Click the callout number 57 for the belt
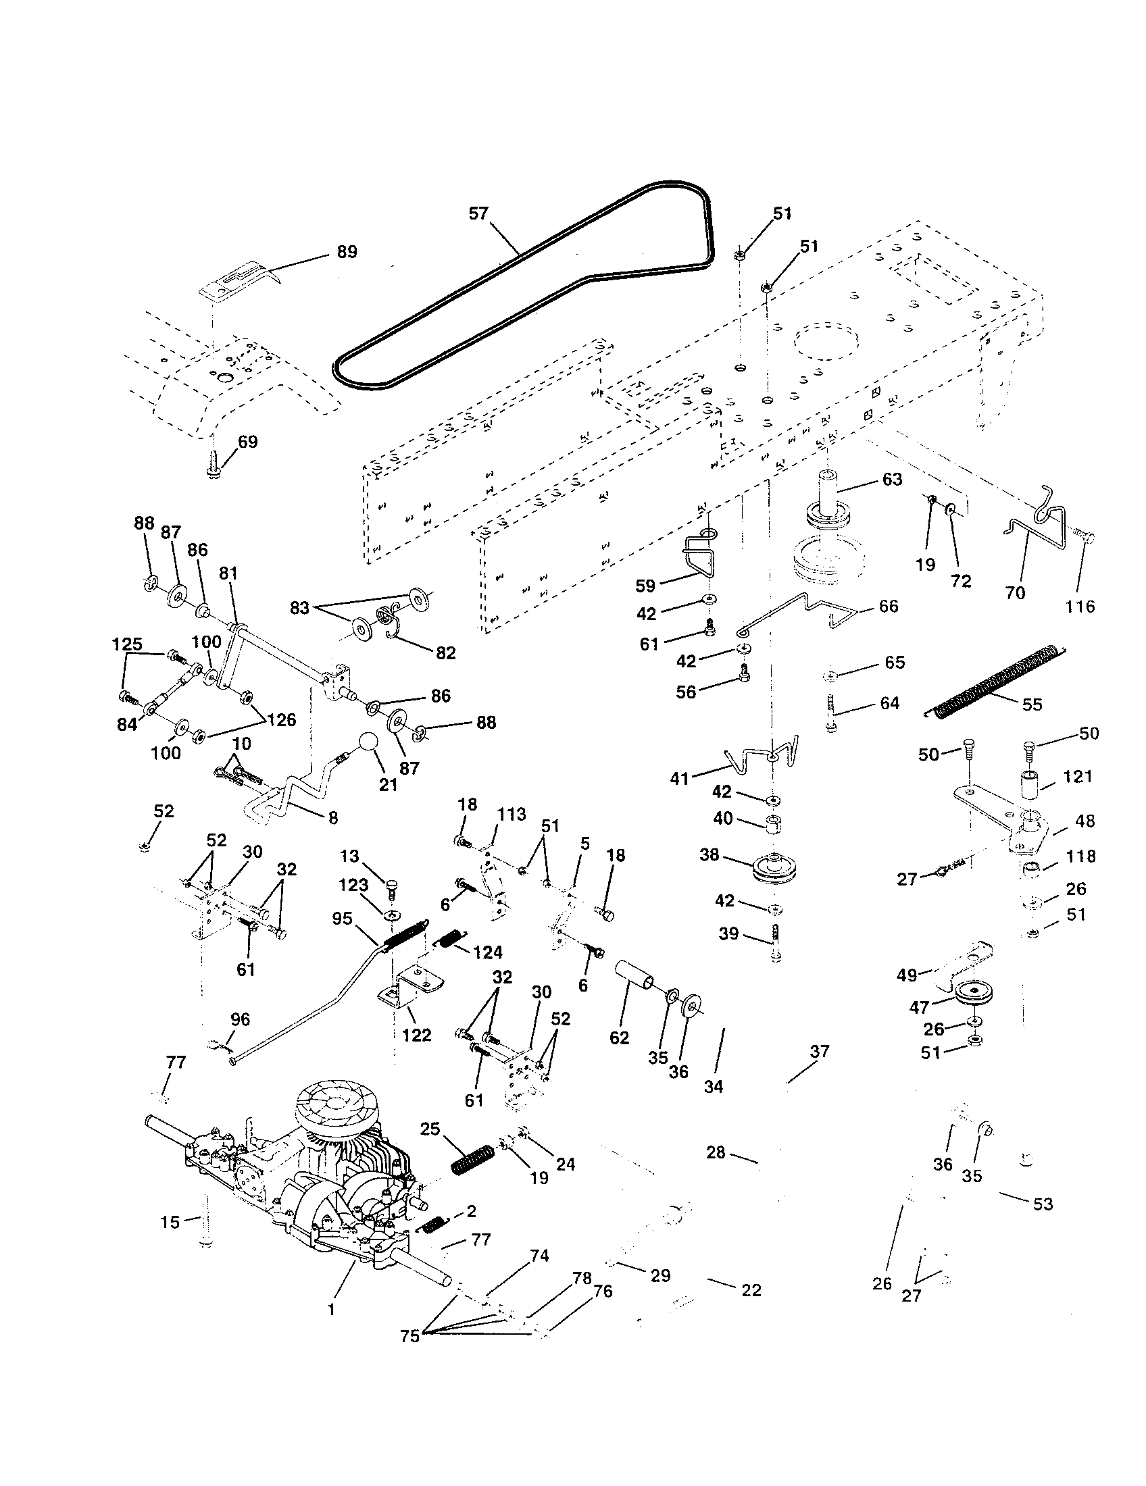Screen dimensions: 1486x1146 click(478, 213)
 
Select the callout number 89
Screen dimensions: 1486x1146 click(347, 252)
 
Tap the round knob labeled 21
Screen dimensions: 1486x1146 click(368, 742)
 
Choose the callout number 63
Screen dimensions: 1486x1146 click(891, 480)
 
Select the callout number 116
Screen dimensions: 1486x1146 click(1080, 607)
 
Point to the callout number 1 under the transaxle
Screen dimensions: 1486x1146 click(331, 1308)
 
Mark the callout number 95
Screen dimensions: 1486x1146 click(343, 919)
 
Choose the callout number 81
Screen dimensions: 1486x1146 click(228, 573)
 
